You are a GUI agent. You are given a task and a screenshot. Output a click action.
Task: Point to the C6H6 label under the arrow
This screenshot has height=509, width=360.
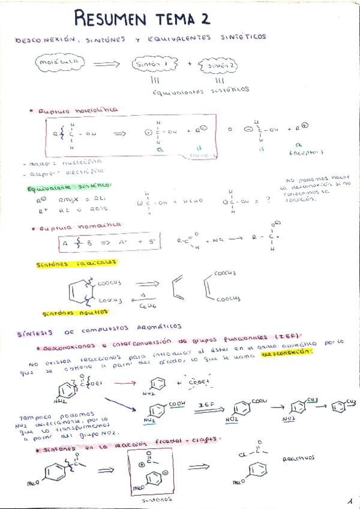(147, 304)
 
